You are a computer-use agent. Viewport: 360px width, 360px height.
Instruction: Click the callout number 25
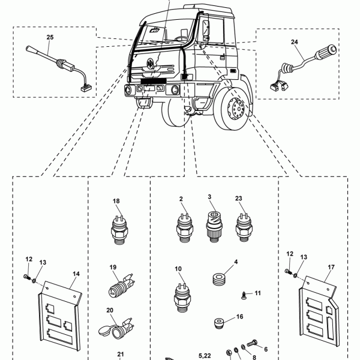(x=50, y=37)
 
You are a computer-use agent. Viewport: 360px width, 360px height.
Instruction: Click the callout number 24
(x=294, y=41)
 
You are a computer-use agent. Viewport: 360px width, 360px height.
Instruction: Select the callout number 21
(x=120, y=354)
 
